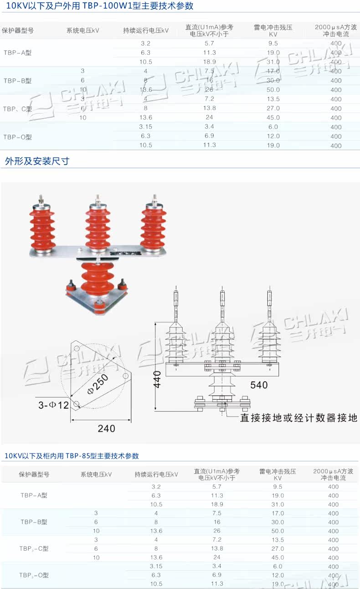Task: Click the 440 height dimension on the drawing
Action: coord(157,378)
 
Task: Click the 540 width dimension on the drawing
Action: coord(259,385)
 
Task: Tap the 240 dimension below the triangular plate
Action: coord(107,429)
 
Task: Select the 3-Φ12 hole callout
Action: coord(53,405)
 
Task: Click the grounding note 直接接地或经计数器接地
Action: coord(298,418)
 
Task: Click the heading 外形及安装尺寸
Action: coord(37,161)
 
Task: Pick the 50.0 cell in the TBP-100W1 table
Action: coord(273,90)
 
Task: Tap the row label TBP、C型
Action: coord(18,108)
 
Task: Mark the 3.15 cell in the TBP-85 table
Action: coord(156,566)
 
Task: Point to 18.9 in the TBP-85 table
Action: coord(217,504)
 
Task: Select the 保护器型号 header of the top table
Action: coord(18,31)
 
